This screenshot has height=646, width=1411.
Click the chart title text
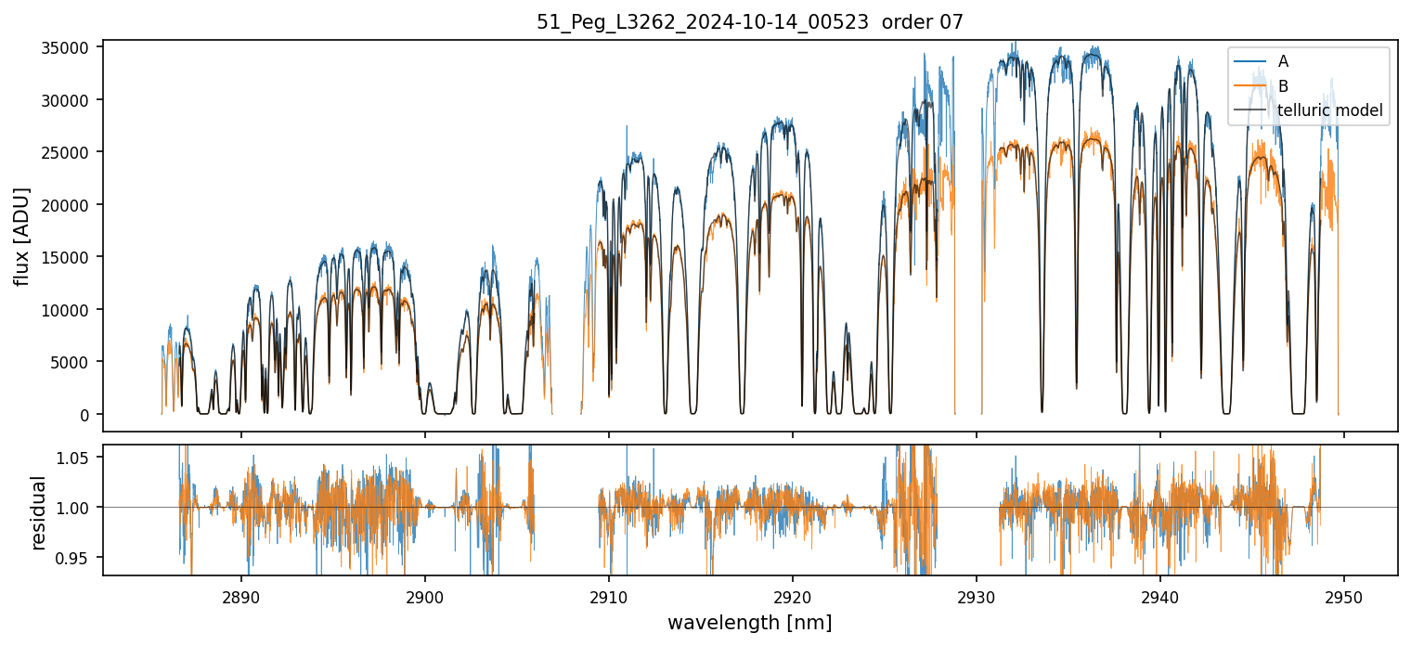pyautogui.click(x=750, y=22)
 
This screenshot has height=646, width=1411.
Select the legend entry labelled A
pyautogui.click(x=1283, y=61)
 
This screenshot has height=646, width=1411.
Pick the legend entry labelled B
pyautogui.click(x=1283, y=86)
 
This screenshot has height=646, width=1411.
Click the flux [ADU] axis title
pyautogui.click(x=22, y=236)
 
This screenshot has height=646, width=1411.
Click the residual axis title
pyautogui.click(x=39, y=511)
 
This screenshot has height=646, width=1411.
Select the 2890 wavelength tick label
pyautogui.click(x=241, y=595)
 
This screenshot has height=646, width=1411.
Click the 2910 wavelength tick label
pyautogui.click(x=609, y=595)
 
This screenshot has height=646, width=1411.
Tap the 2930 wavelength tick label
pyautogui.click(x=977, y=595)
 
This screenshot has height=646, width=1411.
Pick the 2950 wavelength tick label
pyautogui.click(x=1344, y=595)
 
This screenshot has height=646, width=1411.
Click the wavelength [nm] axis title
pyautogui.click(x=750, y=622)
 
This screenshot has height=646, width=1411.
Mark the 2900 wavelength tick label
pyautogui.click(x=425, y=595)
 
